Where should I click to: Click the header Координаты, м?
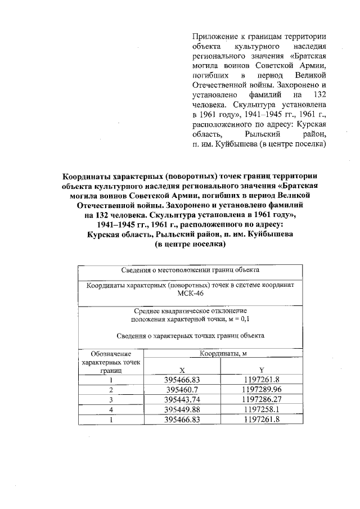click(221, 354)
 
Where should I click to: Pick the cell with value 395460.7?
click(182, 390)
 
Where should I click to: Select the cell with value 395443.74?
click(182, 400)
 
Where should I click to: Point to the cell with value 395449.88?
click(182, 409)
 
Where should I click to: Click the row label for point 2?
click(111, 390)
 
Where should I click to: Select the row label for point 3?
click(111, 400)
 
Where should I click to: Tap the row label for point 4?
click(111, 409)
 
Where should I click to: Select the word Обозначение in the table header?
click(111, 354)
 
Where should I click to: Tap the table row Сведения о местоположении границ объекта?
click(190, 271)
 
